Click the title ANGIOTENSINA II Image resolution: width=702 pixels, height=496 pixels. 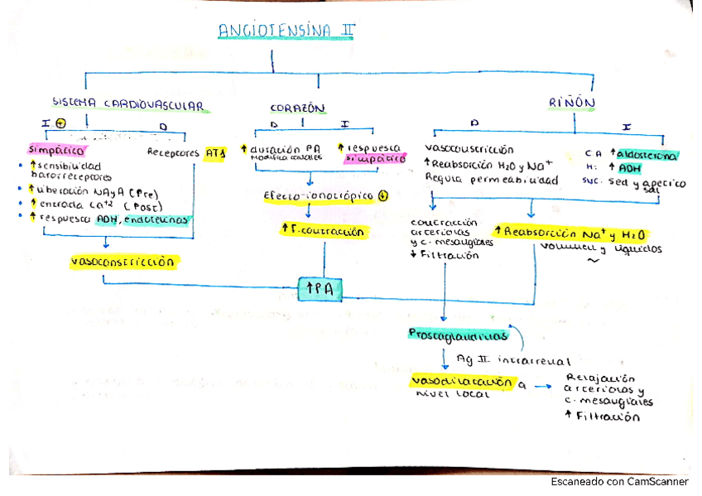pos(286,31)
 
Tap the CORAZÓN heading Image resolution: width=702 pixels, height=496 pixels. pos(296,108)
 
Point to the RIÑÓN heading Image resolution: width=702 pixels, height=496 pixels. pos(571,103)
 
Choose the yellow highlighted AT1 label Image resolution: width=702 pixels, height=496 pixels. pos(214,152)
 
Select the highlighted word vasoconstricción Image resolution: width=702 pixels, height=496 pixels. pos(124,262)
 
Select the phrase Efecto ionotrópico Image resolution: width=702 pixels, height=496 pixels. pos(319,196)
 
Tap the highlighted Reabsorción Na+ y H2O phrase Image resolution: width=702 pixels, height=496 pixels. pos(572,234)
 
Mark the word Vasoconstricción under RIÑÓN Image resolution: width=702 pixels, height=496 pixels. pos(469,150)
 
